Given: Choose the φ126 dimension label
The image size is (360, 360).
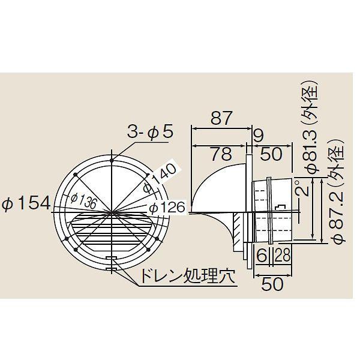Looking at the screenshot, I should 164,208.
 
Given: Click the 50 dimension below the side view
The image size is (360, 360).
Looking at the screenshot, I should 273,284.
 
